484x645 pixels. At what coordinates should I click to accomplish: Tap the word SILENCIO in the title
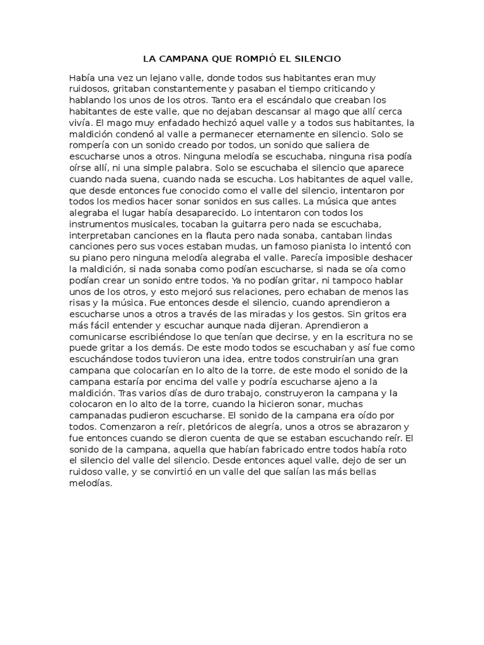[x=315, y=59]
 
